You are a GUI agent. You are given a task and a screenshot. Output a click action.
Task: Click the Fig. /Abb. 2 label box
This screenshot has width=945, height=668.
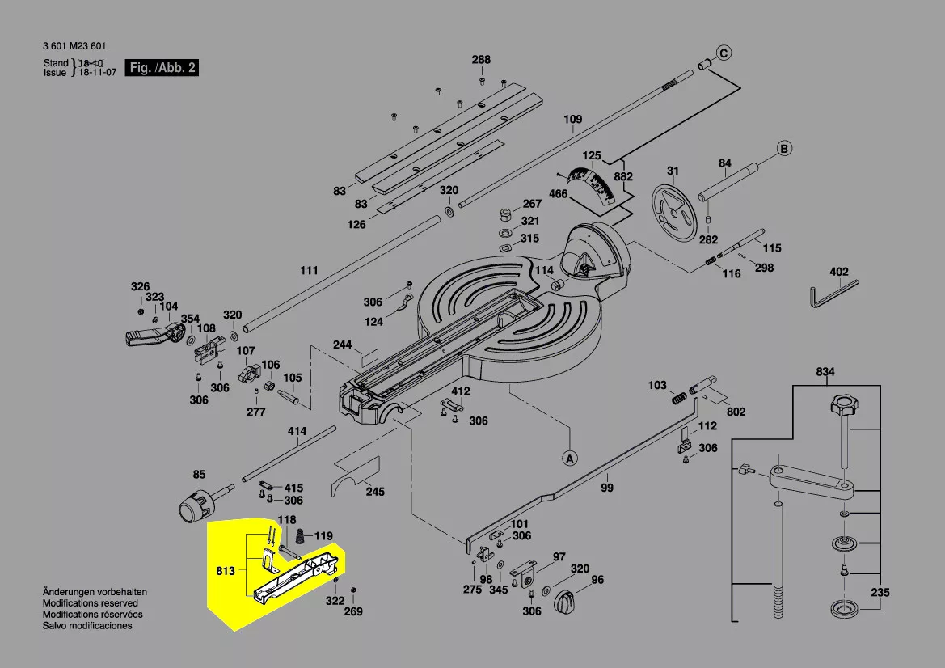click(x=162, y=68)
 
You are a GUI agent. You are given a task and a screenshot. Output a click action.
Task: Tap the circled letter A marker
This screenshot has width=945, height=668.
click(x=570, y=459)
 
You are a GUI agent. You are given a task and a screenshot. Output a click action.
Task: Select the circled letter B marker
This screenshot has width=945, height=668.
click(x=783, y=149)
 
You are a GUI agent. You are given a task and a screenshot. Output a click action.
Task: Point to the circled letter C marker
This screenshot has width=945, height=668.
click(x=724, y=54)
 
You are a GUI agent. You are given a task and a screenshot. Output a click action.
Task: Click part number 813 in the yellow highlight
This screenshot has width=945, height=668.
click(x=226, y=571)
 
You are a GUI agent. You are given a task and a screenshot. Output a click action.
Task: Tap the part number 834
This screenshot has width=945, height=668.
click(x=825, y=372)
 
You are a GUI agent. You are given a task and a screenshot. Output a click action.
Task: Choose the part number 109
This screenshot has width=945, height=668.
click(x=572, y=120)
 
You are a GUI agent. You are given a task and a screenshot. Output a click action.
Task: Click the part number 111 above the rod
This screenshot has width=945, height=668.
click(x=309, y=270)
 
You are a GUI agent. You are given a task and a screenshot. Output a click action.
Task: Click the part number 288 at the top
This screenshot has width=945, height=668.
click(x=481, y=60)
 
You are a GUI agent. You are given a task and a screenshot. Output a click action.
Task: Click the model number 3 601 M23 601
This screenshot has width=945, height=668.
click(x=74, y=46)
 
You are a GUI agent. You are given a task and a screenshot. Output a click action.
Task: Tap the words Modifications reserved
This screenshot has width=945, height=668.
click(x=91, y=603)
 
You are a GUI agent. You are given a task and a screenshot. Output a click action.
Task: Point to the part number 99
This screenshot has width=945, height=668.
click(x=606, y=488)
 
